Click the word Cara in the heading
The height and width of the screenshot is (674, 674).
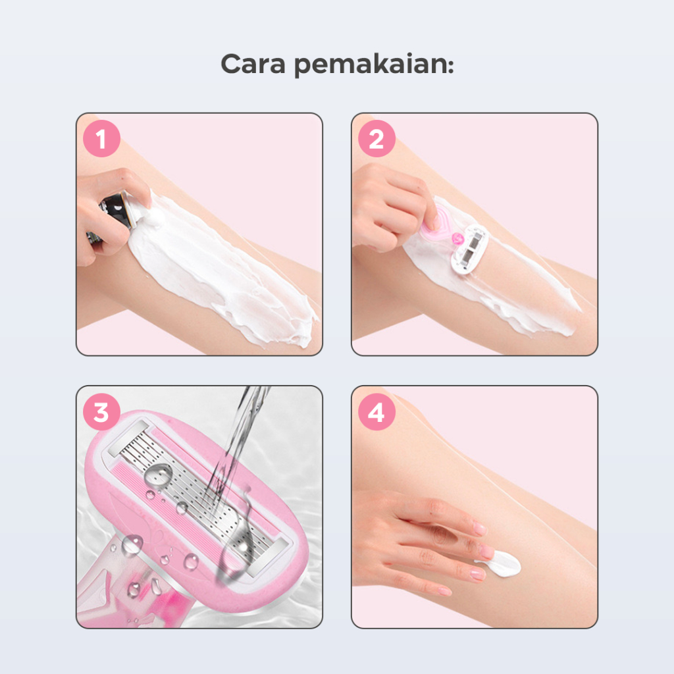tap(253, 64)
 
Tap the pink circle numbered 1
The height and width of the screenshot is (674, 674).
tap(101, 138)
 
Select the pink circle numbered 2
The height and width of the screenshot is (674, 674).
tap(376, 138)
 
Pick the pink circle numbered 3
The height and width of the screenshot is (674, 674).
tap(101, 412)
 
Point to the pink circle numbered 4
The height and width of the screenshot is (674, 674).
tap(376, 412)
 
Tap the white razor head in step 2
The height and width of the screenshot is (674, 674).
tap(469, 248)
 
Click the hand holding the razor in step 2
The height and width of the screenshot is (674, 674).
tap(389, 206)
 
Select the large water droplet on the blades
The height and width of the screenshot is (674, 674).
tap(158, 475)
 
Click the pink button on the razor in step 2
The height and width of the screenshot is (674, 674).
tap(457, 238)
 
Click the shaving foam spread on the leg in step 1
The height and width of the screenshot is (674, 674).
tap(224, 267)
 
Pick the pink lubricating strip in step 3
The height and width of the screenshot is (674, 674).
tap(180, 516)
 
